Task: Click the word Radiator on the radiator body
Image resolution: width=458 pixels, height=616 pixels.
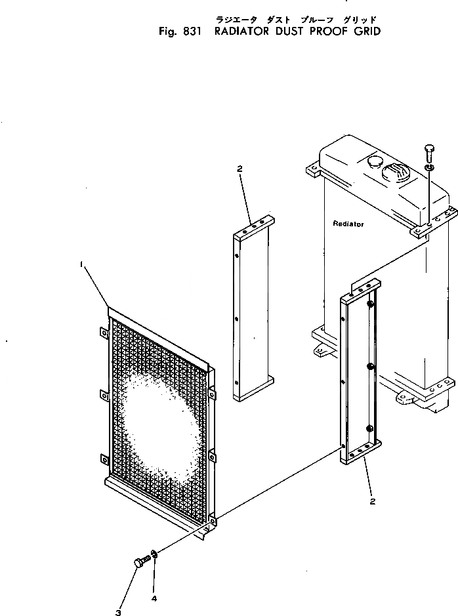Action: click(348, 224)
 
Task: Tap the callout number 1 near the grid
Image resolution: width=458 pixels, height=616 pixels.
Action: click(81, 264)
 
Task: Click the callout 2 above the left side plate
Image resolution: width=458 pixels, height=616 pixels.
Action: click(239, 169)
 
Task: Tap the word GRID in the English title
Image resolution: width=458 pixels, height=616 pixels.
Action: click(365, 31)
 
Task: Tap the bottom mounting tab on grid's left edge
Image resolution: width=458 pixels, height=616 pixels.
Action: click(103, 459)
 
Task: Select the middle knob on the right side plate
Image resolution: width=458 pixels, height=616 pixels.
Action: click(371, 366)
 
